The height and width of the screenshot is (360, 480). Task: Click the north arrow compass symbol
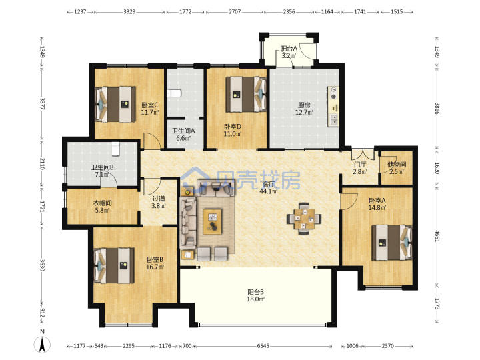click(x=42, y=344)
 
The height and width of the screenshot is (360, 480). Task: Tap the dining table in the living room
click(x=304, y=219)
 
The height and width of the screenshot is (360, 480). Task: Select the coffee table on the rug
click(x=213, y=221)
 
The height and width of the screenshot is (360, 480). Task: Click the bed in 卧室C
click(x=115, y=105)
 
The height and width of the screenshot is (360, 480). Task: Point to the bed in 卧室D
click(x=246, y=94)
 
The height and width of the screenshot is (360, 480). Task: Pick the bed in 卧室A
click(x=392, y=243)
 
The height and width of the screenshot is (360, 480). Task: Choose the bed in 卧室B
click(x=114, y=265)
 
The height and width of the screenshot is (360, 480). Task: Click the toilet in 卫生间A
click(x=175, y=93)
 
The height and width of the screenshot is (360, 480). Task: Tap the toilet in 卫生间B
click(x=115, y=149)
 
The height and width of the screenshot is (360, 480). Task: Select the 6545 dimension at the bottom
click(x=263, y=346)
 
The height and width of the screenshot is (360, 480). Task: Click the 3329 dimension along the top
click(x=129, y=12)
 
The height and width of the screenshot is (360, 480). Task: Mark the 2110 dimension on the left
click(x=42, y=164)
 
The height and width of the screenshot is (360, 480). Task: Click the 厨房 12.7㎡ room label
click(x=304, y=109)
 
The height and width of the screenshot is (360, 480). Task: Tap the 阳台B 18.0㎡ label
click(x=255, y=295)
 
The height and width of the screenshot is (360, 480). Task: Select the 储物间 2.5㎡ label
click(x=397, y=168)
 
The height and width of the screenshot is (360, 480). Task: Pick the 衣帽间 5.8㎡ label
click(x=102, y=207)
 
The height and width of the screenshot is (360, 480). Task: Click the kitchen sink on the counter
click(x=333, y=120)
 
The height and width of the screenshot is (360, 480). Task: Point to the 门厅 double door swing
click(x=363, y=154)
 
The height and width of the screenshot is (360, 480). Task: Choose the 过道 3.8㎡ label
click(x=159, y=202)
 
